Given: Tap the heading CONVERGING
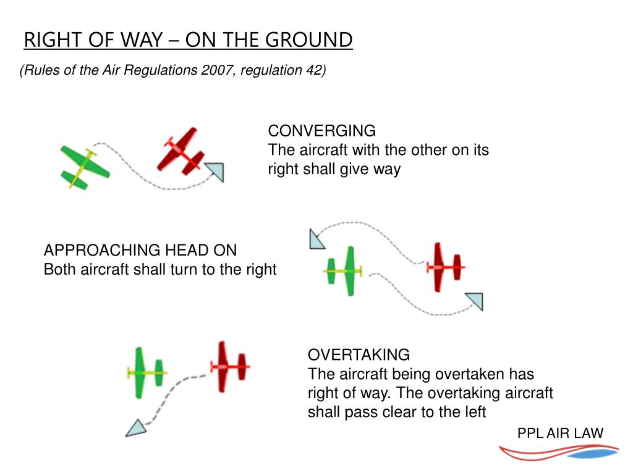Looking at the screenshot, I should pos(321,131).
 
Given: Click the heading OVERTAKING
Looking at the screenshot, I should pos(359,355).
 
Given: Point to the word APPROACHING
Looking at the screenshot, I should pos(101,250).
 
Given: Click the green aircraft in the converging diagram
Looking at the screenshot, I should pos(85,166).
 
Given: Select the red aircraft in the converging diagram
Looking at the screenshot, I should pos(181,151).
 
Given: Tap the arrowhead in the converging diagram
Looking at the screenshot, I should pos(215,172).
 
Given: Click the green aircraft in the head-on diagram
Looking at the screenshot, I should pos(343,270).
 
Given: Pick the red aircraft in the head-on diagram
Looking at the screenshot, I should pos(445,267).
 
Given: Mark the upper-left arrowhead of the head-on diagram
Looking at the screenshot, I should pos(316,239).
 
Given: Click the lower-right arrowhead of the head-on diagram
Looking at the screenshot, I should pos(475,301).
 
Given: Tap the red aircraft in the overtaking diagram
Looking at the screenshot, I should pos(228,367).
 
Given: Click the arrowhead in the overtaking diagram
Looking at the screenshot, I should pos(136,427).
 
